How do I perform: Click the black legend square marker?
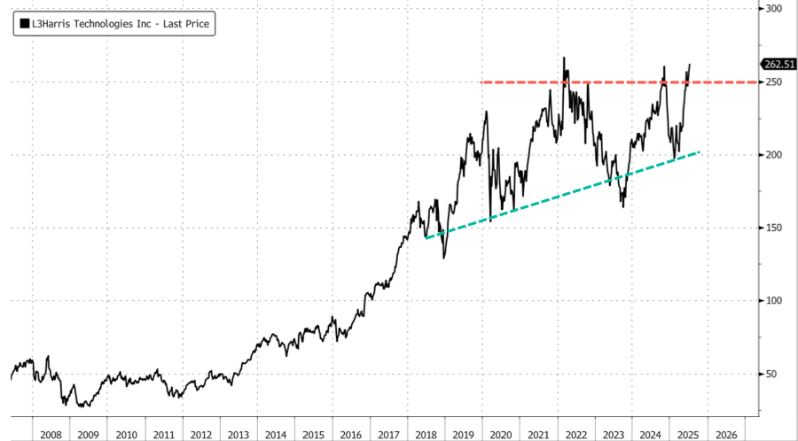coord(22,25)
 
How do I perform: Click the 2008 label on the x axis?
coord(51,435)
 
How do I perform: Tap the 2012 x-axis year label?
coord(200,435)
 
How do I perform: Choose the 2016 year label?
coord(350,435)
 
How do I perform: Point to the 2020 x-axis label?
coord(500,435)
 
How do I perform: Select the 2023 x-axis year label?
coord(613,435)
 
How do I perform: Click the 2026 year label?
coord(725,435)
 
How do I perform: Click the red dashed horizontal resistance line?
coord(621,82)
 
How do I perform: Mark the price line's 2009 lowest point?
coord(82,406)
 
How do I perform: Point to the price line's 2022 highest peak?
coord(565,58)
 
